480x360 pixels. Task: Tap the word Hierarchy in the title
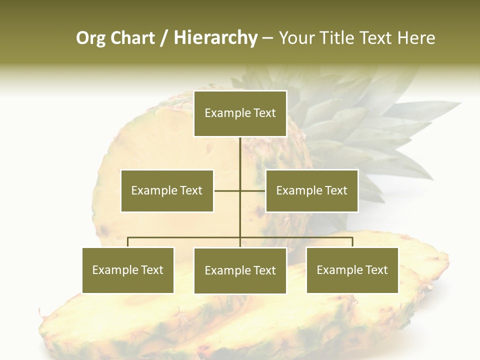point(215,38)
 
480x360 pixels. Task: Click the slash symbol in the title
point(164,38)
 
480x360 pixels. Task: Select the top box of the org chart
point(240,113)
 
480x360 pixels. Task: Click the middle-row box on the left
point(167,191)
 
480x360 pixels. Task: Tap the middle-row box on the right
point(311,191)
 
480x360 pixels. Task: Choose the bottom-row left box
point(128,270)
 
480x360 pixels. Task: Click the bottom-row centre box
point(240,271)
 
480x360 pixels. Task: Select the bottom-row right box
point(352,270)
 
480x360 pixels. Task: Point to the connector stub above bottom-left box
point(128,242)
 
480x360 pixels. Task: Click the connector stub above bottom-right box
point(352,242)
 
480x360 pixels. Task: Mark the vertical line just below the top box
point(240,150)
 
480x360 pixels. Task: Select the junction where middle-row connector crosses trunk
point(240,190)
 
